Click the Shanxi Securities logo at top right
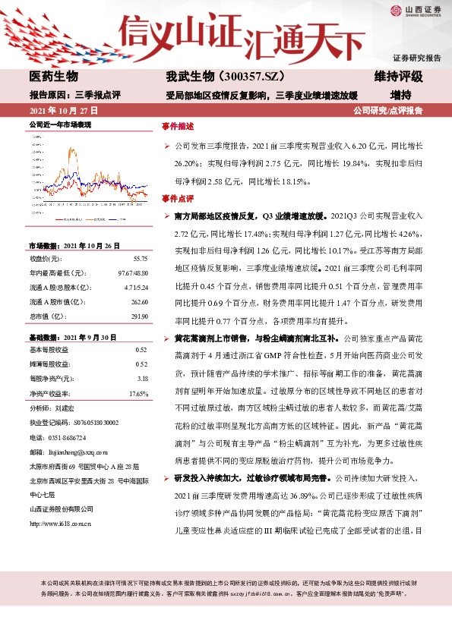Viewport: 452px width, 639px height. coord(417,11)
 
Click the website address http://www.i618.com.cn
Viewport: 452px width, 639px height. coord(60,480)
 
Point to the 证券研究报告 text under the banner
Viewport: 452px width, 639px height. coord(416,58)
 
